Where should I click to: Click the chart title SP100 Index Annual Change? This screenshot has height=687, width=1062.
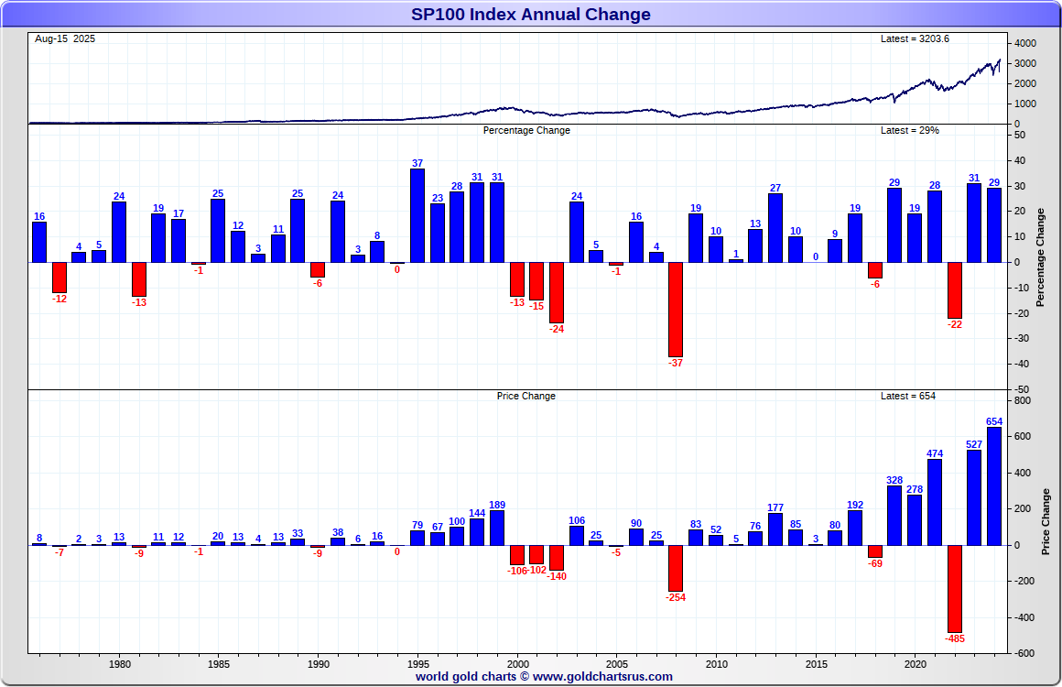tap(531, 14)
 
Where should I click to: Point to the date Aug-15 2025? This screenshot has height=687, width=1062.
tap(65, 38)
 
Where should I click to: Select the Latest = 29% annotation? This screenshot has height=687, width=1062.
tap(909, 130)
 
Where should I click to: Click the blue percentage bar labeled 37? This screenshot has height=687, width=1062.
tap(417, 215)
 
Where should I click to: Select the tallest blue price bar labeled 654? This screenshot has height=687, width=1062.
tap(994, 485)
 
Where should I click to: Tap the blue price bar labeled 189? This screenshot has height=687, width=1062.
tap(497, 528)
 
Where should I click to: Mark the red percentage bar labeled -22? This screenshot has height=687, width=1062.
tap(955, 289)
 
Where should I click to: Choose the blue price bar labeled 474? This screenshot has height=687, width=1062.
tap(935, 502)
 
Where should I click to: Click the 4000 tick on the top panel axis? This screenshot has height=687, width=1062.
tap(1025, 44)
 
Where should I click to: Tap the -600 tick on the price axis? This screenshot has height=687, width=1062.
tap(1024, 653)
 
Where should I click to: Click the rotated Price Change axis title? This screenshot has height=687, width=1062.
tap(1046, 522)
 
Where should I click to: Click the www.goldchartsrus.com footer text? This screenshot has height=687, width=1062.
tap(602, 677)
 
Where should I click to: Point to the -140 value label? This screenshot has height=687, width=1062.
tap(557, 576)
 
